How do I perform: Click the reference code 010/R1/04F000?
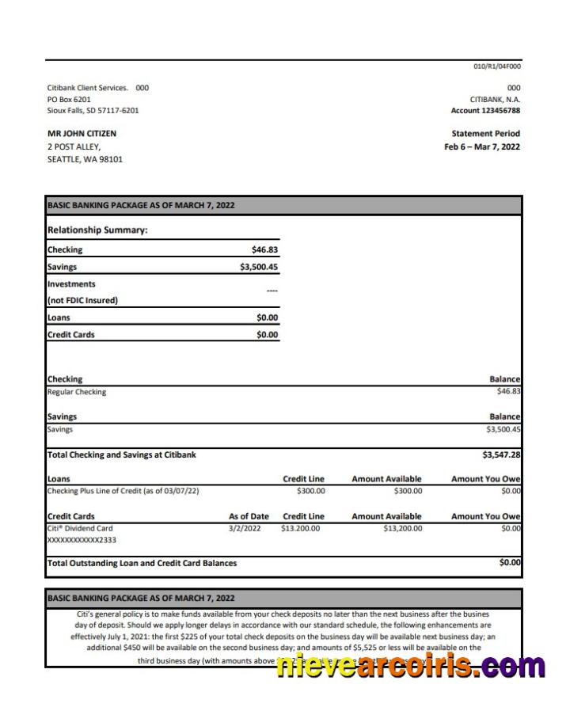[x=497, y=67]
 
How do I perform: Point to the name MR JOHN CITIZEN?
[x=82, y=134]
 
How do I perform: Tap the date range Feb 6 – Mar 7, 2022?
[x=481, y=147]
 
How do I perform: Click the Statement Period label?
[x=485, y=134]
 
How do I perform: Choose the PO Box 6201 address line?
[x=69, y=100]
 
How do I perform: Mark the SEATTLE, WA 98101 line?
[x=85, y=159]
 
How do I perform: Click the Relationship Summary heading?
[x=97, y=230]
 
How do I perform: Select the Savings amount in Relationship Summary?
[x=259, y=268]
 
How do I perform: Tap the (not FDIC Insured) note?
[x=82, y=301]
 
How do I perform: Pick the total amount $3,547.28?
[x=501, y=455]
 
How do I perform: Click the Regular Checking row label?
[x=77, y=392]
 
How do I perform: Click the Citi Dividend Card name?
[x=80, y=528]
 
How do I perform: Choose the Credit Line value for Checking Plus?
[x=310, y=491]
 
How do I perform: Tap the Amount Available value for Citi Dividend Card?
[x=402, y=528]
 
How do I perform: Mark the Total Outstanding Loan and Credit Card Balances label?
[x=142, y=564]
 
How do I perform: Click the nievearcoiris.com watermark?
[x=410, y=666]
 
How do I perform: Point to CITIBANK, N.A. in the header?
[x=495, y=100]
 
